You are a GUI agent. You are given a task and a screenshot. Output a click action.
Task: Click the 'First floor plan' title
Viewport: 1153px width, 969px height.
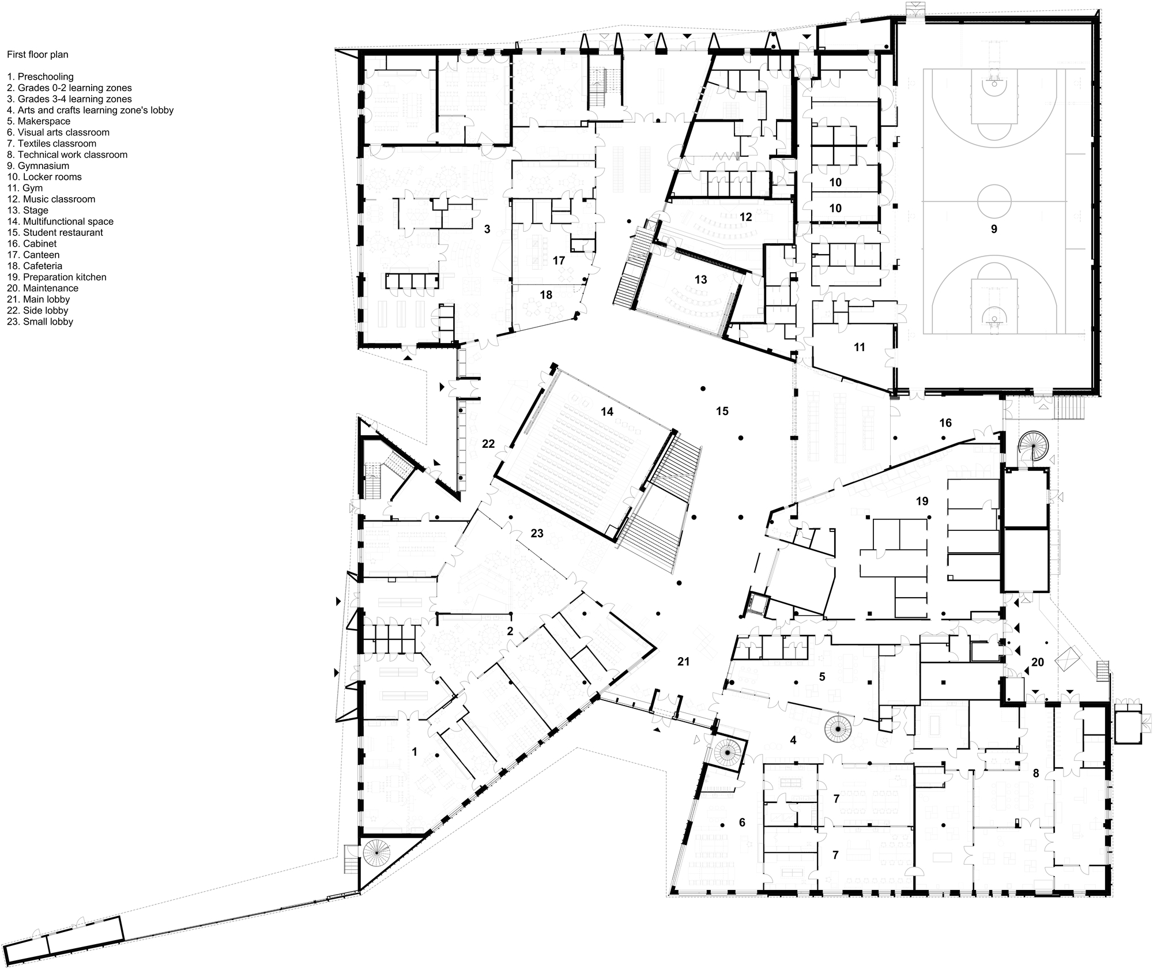point(37,55)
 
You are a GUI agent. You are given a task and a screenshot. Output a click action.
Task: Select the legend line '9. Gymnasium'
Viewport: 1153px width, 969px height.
point(38,166)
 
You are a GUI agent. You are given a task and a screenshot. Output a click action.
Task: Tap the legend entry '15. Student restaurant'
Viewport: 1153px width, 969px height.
point(55,233)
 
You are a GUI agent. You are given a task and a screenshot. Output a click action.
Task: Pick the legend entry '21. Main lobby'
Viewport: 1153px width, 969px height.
point(39,300)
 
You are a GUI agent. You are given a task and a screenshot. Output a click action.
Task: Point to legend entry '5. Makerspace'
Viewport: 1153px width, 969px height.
point(39,122)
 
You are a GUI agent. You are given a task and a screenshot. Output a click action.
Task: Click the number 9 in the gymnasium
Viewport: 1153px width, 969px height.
point(994,229)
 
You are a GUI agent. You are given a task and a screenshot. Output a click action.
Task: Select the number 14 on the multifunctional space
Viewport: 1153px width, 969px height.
point(607,412)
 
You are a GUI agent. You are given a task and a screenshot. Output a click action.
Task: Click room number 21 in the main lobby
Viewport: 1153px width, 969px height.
point(683,662)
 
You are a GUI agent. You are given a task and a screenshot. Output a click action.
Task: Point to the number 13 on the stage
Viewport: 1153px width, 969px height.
point(700,280)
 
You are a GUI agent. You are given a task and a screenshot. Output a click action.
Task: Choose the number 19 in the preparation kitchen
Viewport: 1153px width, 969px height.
point(922,501)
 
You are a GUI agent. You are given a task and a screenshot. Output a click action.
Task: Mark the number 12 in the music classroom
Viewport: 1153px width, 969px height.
point(745,217)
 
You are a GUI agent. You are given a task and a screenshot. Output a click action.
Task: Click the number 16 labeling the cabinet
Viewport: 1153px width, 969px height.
point(945,423)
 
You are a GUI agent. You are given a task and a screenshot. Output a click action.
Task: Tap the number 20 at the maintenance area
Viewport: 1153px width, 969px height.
point(1038,663)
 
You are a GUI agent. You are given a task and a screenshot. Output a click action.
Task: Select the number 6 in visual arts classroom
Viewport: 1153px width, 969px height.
point(742,823)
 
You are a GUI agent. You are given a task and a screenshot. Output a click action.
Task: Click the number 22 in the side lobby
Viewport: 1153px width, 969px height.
point(488,444)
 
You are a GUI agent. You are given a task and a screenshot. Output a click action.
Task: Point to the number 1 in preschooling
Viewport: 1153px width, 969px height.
point(415,752)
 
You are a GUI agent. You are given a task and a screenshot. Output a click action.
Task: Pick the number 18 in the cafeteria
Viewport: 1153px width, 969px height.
point(546,295)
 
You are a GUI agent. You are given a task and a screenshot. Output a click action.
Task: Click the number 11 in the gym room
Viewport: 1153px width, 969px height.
point(860,348)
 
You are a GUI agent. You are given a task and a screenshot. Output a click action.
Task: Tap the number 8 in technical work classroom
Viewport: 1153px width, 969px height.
point(1036,774)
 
